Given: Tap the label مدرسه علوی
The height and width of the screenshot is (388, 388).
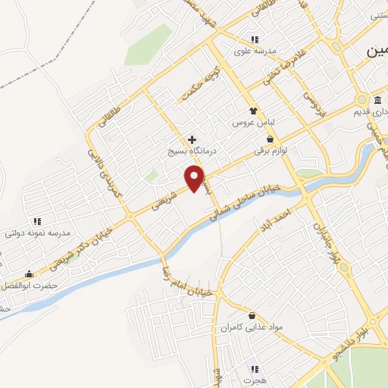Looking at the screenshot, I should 252,52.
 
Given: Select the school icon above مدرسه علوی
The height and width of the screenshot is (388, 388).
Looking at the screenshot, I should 255,39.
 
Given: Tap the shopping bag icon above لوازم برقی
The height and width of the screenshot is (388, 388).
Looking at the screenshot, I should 271,139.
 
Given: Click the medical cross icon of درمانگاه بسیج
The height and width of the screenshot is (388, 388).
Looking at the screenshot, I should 192,140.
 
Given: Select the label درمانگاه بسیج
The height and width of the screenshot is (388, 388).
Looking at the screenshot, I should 192,152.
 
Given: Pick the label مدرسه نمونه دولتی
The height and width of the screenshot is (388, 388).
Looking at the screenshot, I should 37,233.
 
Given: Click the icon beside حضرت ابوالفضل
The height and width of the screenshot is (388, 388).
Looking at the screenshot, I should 30,274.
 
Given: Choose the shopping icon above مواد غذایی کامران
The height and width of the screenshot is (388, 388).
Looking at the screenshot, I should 251,315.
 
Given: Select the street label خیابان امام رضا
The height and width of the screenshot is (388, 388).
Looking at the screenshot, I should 182,279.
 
